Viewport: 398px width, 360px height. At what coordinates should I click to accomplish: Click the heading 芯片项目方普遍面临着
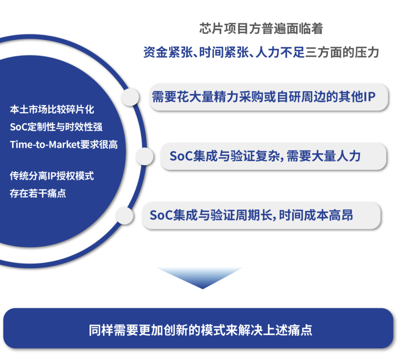(x=261, y=28)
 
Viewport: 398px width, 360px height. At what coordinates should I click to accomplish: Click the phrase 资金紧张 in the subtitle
(x=168, y=53)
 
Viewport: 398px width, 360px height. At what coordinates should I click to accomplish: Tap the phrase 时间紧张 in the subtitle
(x=224, y=53)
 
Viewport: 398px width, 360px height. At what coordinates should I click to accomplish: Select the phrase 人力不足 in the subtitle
(x=280, y=53)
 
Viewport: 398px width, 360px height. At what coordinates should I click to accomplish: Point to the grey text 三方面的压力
(x=342, y=53)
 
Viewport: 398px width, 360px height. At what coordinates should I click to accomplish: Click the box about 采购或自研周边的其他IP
(x=269, y=97)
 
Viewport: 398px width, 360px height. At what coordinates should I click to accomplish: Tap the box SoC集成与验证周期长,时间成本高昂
(x=261, y=215)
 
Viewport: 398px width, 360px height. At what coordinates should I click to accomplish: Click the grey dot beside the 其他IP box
(x=130, y=97)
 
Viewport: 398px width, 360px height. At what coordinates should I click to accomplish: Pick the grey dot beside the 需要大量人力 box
(x=144, y=156)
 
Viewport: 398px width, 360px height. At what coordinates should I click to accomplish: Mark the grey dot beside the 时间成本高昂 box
(x=125, y=215)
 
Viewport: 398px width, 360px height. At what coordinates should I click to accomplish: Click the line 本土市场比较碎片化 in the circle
(x=52, y=110)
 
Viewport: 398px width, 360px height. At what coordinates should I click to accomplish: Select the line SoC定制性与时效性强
(x=56, y=127)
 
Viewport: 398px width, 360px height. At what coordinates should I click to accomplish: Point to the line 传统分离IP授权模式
(x=52, y=176)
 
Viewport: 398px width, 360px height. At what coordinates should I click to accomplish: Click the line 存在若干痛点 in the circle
(x=38, y=194)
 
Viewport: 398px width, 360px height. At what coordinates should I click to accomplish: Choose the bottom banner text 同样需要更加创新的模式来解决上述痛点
(x=200, y=330)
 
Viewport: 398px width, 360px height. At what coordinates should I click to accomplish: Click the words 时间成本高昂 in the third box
(x=316, y=215)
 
